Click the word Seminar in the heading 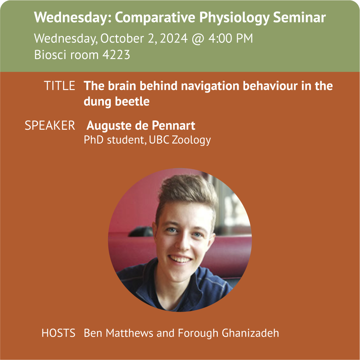(x=299, y=17)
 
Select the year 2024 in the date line (x=174, y=38)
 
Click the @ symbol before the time (x=198, y=39)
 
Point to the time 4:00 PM (x=231, y=38)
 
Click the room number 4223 (x=116, y=55)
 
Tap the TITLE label (x=59, y=86)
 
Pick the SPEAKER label (x=50, y=126)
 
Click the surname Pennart (x=173, y=126)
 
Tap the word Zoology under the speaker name (x=191, y=140)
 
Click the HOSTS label (x=58, y=333)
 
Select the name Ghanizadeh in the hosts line (x=250, y=333)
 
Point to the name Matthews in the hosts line (x=129, y=333)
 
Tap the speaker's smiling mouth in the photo (x=181, y=259)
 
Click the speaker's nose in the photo (x=183, y=243)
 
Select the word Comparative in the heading (x=155, y=18)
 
